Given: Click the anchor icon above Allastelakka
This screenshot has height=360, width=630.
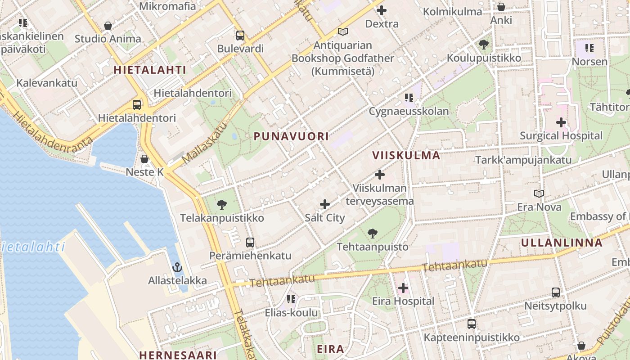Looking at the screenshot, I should (x=177, y=267).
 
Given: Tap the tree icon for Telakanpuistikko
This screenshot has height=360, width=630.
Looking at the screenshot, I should (x=221, y=205).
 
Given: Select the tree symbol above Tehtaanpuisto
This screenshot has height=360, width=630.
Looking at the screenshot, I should (x=372, y=233).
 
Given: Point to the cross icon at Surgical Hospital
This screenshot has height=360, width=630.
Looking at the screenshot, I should (x=561, y=122).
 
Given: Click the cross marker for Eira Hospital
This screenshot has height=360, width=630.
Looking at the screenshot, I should (x=403, y=288).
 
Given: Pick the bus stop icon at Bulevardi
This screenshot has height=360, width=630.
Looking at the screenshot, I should (x=240, y=35).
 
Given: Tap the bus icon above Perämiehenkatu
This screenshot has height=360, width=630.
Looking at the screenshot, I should (x=250, y=243).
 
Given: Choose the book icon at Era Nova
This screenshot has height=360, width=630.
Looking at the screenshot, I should (x=539, y=193).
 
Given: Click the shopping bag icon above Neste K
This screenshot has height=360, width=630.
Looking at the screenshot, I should (x=144, y=159).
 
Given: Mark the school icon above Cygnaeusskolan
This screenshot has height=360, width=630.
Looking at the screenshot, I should (x=409, y=97).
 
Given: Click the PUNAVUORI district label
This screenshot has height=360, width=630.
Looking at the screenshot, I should (x=291, y=136).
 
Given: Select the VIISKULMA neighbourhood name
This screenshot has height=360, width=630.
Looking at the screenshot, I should (x=406, y=155).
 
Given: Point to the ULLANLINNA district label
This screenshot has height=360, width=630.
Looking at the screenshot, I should (x=562, y=243).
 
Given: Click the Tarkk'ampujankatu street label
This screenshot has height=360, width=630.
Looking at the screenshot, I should (x=523, y=160).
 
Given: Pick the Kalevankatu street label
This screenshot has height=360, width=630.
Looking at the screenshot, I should (x=47, y=83).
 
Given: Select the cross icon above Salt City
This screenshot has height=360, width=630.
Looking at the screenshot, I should (x=324, y=204).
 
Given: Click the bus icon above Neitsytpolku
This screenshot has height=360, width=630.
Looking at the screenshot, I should (x=556, y=292).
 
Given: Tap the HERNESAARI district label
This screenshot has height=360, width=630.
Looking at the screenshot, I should (x=178, y=355).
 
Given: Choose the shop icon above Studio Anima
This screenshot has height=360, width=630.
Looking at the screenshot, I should (x=108, y=26).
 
